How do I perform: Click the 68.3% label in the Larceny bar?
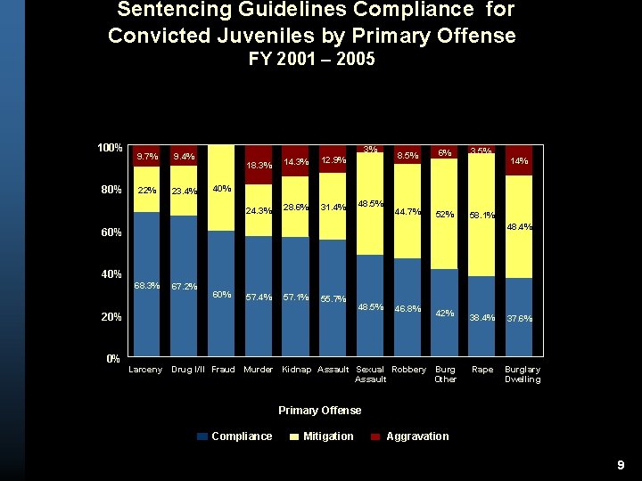pos(146,286)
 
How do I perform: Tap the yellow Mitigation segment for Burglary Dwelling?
pos(519,226)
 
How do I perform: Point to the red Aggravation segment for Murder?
pos(259,164)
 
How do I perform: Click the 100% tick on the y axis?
pos(110,147)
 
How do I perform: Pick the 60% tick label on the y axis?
pos(110,232)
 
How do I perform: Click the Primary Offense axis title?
pos(320,411)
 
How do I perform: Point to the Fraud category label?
pos(223,370)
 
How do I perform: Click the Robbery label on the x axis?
pos(408,370)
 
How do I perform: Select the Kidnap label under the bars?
pos(296,370)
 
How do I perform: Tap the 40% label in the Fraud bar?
pos(222,189)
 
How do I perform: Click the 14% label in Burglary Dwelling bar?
pos(519,161)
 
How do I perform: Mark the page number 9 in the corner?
pos(621,466)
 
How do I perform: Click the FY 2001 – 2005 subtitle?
pos(311,60)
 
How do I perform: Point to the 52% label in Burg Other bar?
pos(445,214)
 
